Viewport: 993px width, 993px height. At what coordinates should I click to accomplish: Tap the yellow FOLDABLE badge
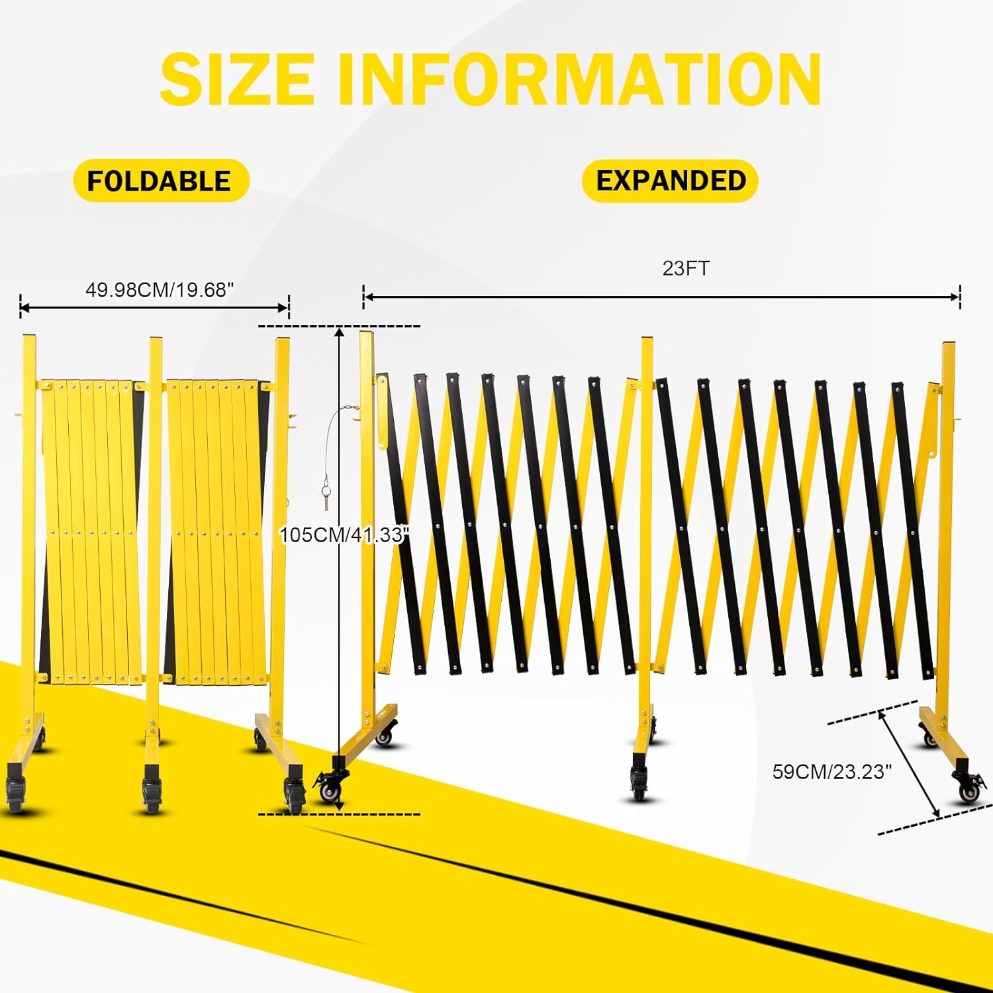pos(161,181)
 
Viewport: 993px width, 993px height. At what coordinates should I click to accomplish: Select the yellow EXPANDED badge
pos(670,181)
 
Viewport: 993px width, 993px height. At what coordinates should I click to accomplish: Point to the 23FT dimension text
pos(686,268)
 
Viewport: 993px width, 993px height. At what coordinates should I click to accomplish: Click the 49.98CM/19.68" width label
pos(160,290)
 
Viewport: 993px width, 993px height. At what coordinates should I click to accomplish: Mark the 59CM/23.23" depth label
pos(832,772)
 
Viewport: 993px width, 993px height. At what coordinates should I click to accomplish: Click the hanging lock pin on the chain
pos(326,496)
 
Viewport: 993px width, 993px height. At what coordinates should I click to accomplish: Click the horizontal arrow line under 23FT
pos(661,297)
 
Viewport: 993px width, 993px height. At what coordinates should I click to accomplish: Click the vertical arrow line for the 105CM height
pos(340,570)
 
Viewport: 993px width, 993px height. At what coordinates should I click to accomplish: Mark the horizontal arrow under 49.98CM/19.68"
pos(154,307)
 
